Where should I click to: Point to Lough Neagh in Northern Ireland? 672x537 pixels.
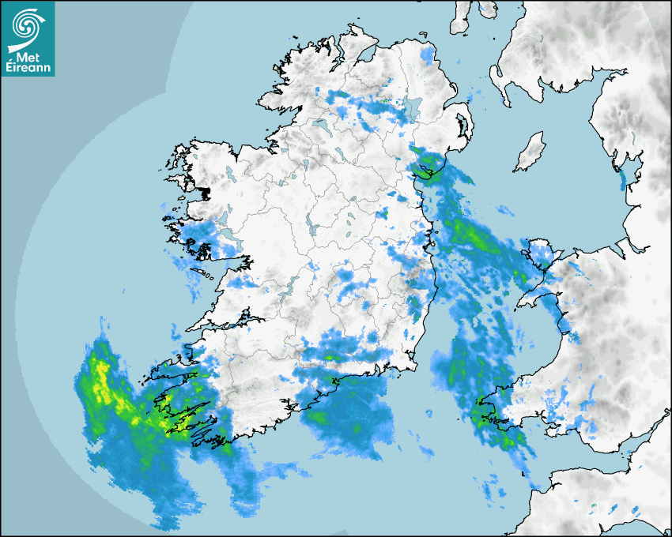tap(413, 105)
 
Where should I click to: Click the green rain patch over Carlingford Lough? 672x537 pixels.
tap(428, 167)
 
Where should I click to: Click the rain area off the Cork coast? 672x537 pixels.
tap(348, 419)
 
